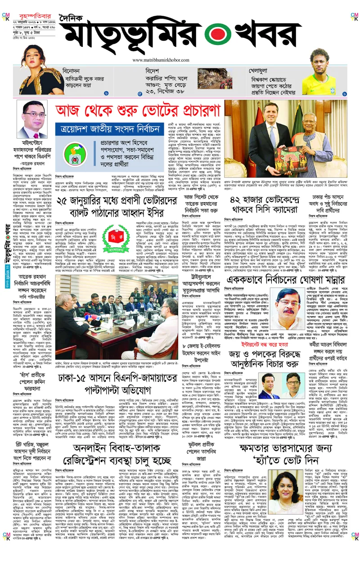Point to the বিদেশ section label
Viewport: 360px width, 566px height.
click(153, 71)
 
